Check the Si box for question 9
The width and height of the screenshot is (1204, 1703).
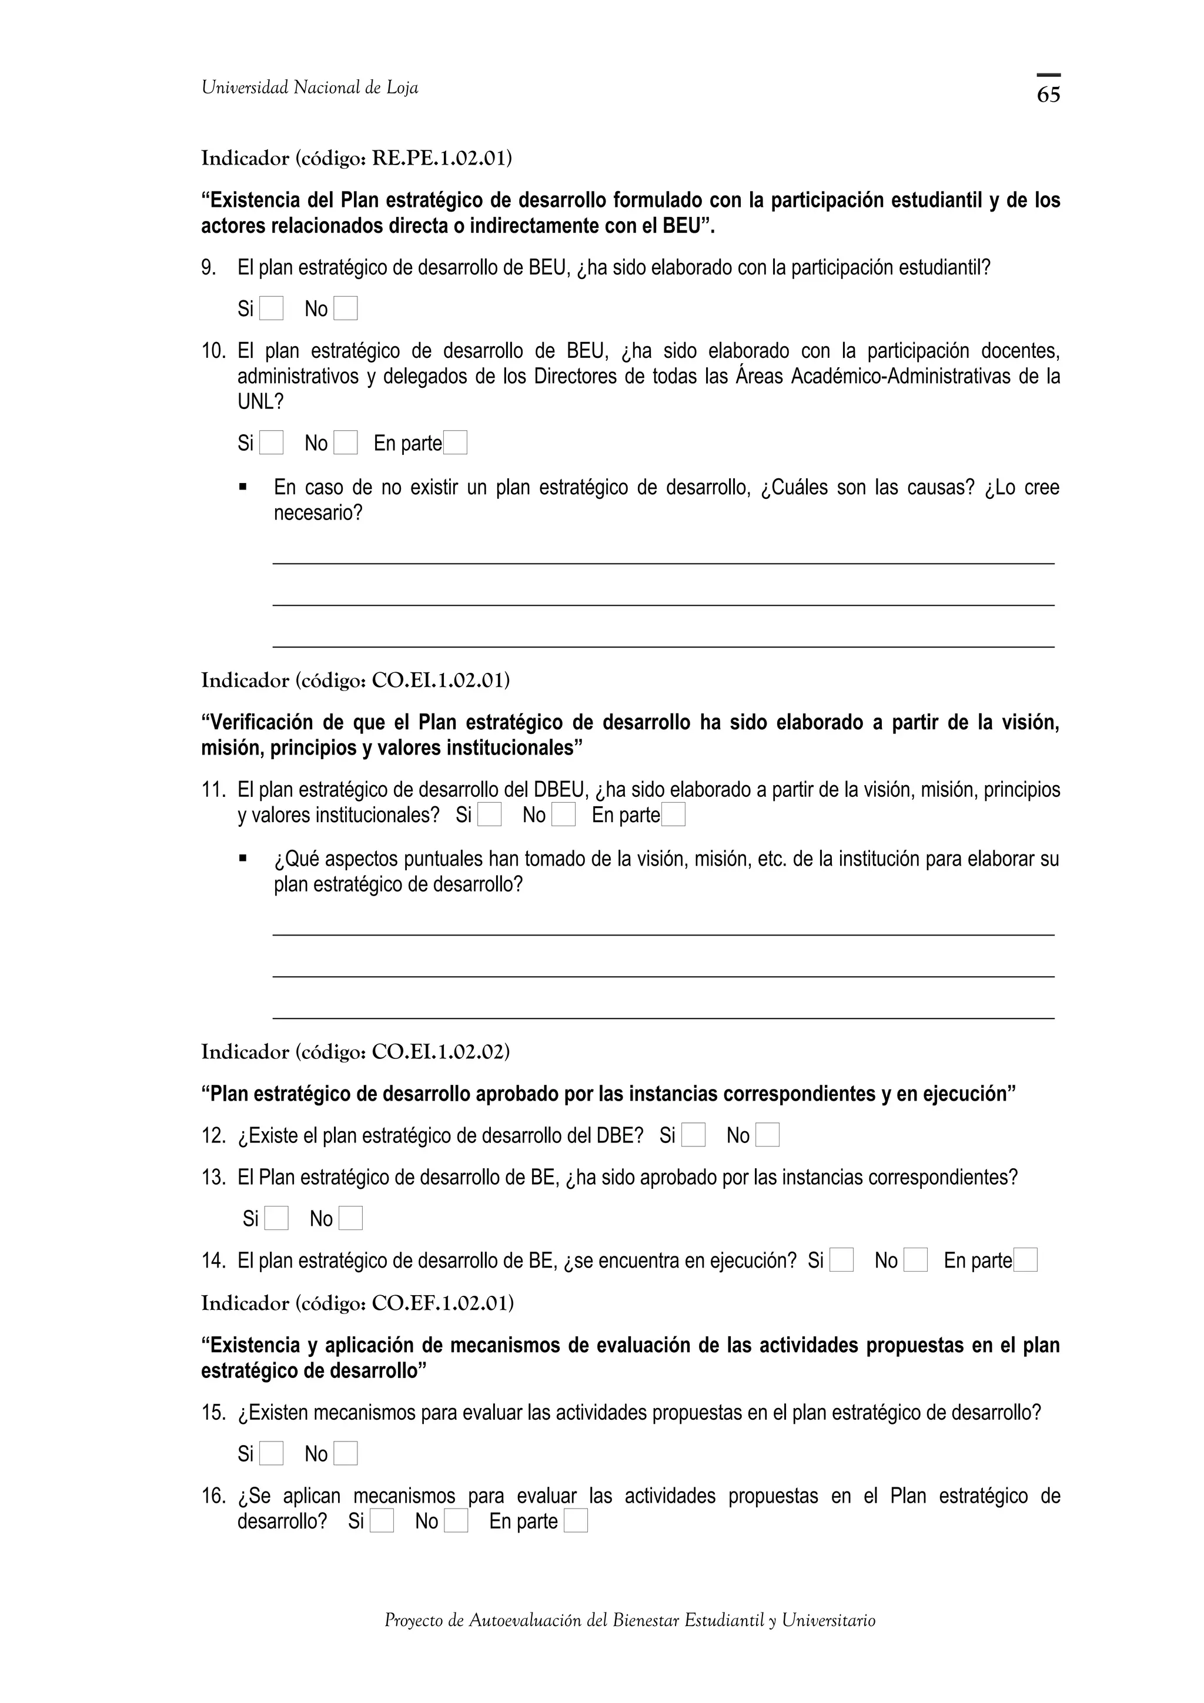(272, 308)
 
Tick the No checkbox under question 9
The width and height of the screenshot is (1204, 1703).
(346, 308)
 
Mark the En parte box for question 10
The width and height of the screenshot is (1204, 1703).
(455, 443)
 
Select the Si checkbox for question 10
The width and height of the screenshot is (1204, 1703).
(272, 443)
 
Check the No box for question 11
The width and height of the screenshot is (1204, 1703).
(564, 814)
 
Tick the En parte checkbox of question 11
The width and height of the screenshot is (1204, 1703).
(674, 814)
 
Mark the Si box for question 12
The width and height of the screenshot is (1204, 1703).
(694, 1135)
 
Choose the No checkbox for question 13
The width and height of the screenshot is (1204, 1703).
(351, 1218)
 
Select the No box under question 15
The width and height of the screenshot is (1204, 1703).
(346, 1454)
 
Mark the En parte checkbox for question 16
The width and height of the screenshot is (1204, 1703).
(576, 1521)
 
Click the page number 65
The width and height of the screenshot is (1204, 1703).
(1048, 94)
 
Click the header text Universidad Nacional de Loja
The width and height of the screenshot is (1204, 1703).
(310, 88)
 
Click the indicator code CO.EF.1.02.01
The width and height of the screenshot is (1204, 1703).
(442, 1303)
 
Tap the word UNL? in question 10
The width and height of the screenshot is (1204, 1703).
(260, 402)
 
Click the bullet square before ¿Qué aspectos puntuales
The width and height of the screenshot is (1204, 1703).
(243, 858)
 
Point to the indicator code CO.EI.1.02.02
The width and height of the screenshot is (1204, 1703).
(440, 1052)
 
